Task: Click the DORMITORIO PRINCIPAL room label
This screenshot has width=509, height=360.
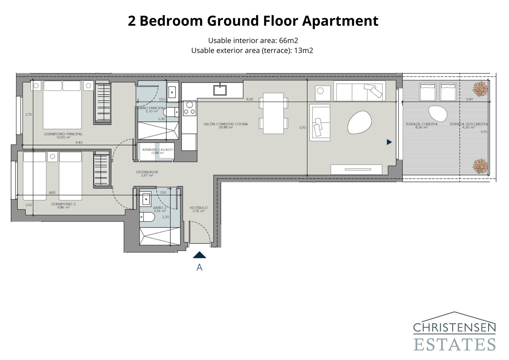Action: [x=63, y=134]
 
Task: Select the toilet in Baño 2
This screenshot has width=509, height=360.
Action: [x=148, y=217]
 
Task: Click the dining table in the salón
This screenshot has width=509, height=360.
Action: [x=273, y=113]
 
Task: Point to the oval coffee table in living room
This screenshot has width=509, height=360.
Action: [x=359, y=122]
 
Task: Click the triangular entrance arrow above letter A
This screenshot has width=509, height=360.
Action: [x=199, y=255]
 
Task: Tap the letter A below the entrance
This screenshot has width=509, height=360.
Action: [x=199, y=267]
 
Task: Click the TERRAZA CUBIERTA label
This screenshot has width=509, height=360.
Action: [x=421, y=124]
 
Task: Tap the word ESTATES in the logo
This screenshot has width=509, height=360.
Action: [x=454, y=345]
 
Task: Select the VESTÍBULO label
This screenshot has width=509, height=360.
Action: [x=199, y=208]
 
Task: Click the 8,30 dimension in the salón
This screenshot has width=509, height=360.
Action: [x=250, y=99]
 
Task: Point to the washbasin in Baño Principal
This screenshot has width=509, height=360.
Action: [x=172, y=92]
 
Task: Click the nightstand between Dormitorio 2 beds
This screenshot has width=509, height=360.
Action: [x=52, y=156]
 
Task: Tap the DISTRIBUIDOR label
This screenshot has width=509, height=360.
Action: [x=147, y=172]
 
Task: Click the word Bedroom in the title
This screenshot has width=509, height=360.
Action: [x=171, y=21]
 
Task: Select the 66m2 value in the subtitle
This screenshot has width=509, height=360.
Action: [x=288, y=40]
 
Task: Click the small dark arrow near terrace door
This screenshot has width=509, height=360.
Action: [x=389, y=142]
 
